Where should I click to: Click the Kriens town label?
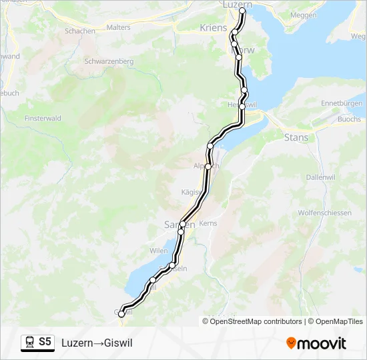[214, 28]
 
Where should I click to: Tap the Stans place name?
[296, 138]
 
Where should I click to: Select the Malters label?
[119, 27]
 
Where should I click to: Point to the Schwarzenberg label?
[109, 61]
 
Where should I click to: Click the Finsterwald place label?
[43, 118]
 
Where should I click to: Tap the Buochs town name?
[349, 119]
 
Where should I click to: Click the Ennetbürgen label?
[342, 103]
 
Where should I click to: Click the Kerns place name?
[208, 223]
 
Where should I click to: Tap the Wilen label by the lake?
[159, 251]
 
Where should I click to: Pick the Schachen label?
[80, 31]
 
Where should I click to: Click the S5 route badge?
[44, 342]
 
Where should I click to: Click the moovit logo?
[316, 343]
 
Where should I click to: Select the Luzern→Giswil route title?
[97, 343]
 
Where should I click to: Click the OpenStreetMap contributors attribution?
[254, 321]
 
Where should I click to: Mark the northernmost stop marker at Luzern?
[242, 11]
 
